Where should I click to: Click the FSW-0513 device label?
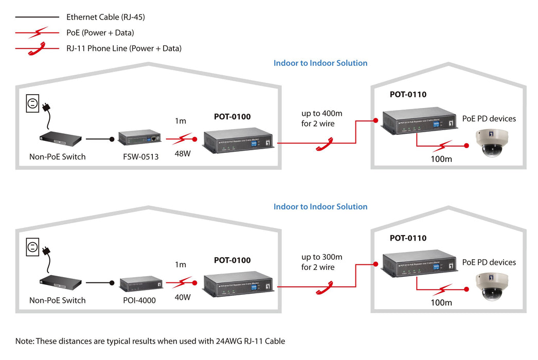point(137,157)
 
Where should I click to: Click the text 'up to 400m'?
point(321,113)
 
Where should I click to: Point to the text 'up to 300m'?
point(321,257)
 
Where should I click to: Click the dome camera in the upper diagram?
point(492,142)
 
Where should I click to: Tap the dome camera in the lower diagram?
point(492,286)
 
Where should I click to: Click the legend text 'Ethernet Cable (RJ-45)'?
point(105,17)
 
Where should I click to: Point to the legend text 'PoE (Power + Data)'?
point(100,33)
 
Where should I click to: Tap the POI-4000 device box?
point(138,283)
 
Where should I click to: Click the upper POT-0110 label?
point(408,95)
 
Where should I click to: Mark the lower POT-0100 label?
point(232,260)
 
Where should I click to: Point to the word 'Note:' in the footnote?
point(24,341)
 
